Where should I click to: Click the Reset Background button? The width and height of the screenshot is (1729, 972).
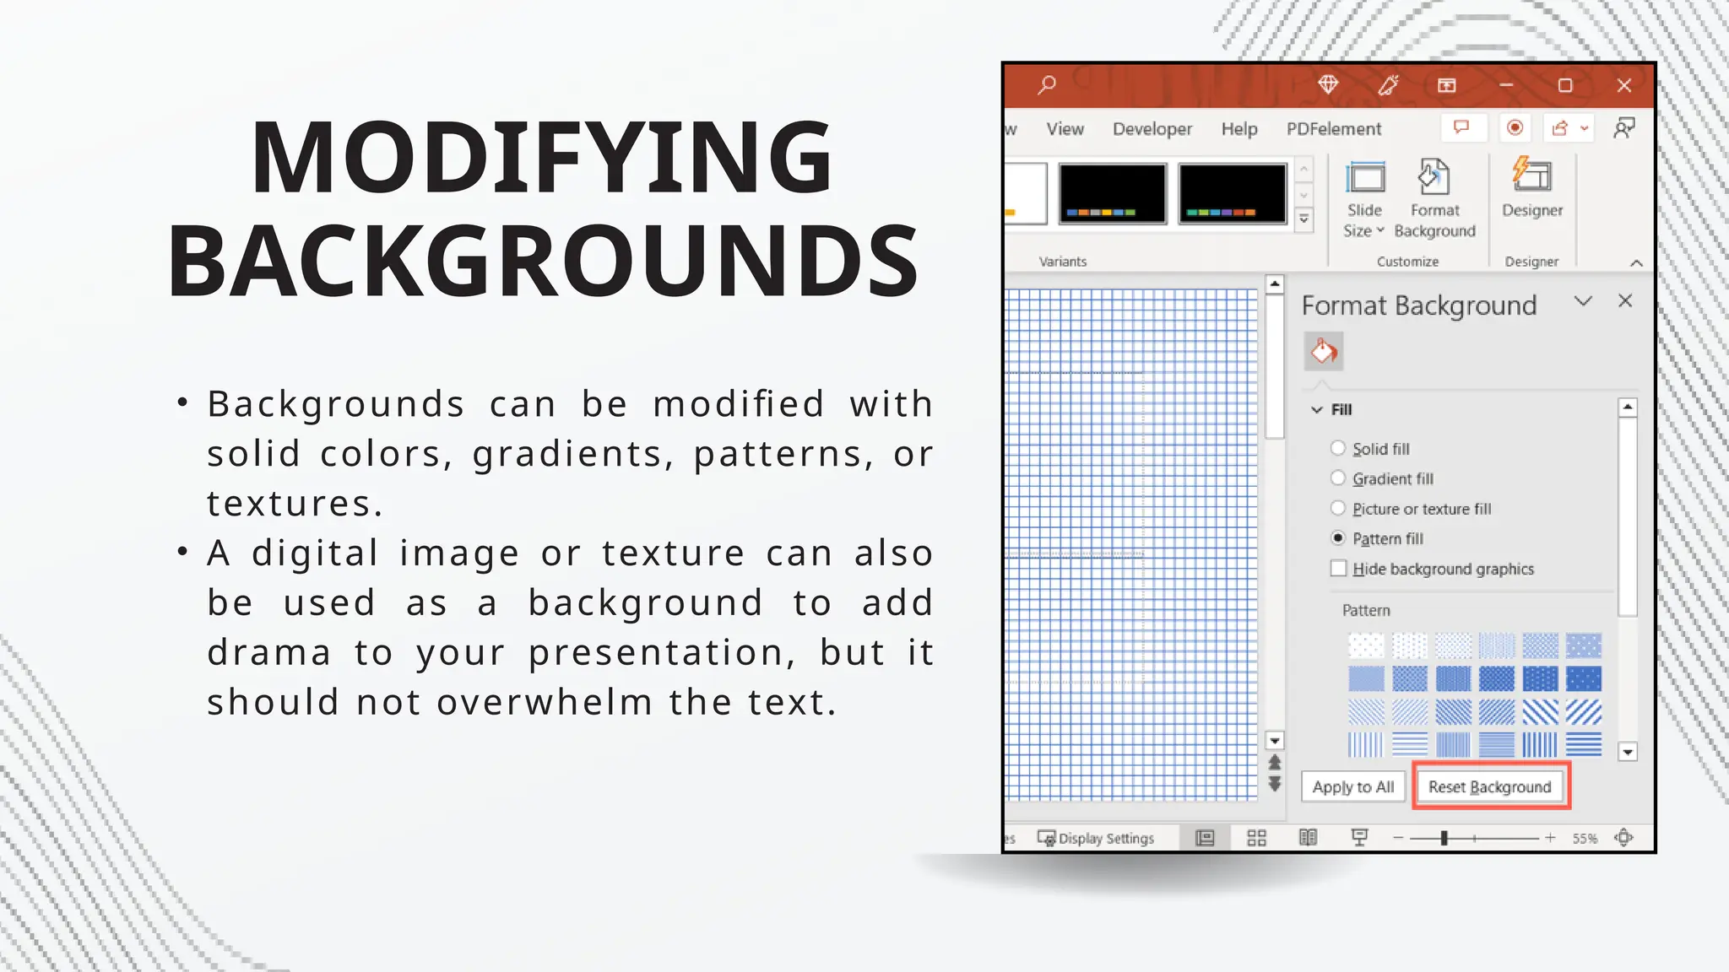pyautogui.click(x=1490, y=786)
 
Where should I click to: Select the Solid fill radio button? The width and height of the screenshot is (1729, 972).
pyautogui.click(x=1338, y=448)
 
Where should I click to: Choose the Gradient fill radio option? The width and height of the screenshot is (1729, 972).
pyautogui.click(x=1338, y=478)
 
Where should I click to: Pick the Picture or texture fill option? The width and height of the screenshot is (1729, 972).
pyautogui.click(x=1338, y=508)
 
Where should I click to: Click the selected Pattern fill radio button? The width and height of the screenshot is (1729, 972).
pyautogui.click(x=1338, y=538)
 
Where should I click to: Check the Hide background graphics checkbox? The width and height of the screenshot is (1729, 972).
pyautogui.click(x=1338, y=569)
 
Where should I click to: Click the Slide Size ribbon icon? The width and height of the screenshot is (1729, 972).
pyautogui.click(x=1365, y=179)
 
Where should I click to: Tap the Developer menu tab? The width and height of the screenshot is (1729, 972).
pyautogui.click(x=1152, y=129)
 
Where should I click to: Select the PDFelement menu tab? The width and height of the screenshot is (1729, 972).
pyautogui.click(x=1334, y=129)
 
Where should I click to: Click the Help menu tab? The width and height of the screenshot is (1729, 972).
pyautogui.click(x=1239, y=129)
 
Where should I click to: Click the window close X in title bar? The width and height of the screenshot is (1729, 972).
pyautogui.click(x=1624, y=85)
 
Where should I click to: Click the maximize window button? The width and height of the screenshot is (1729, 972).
pyautogui.click(x=1565, y=85)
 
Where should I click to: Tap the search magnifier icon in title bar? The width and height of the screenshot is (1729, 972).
pyautogui.click(x=1047, y=84)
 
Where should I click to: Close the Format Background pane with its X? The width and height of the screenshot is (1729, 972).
pyautogui.click(x=1625, y=301)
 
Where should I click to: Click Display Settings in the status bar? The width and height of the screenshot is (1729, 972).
pyautogui.click(x=1097, y=838)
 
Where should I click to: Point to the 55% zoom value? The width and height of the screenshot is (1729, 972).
pyautogui.click(x=1585, y=838)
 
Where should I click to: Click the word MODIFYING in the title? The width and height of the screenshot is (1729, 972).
pyautogui.click(x=542, y=158)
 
